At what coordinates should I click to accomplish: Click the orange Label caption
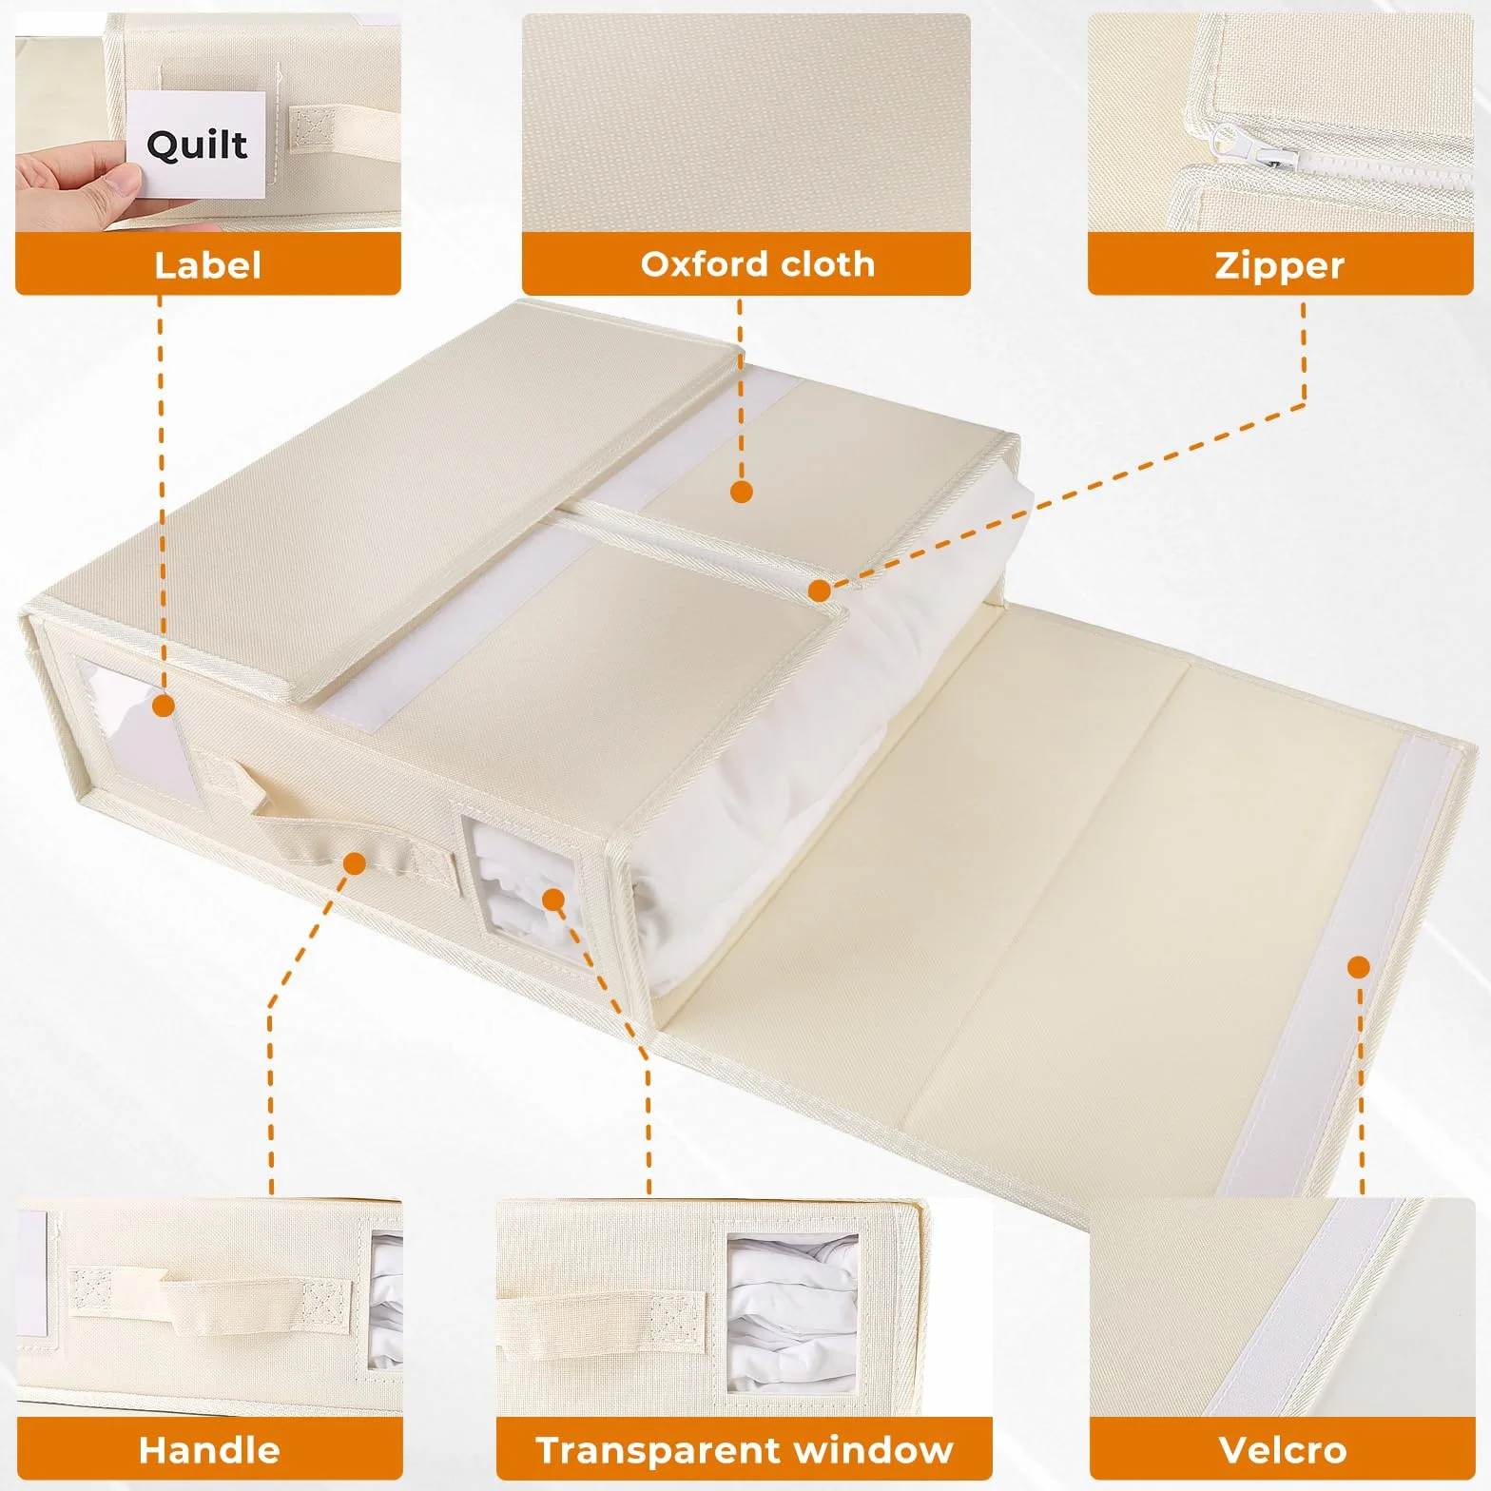point(207,263)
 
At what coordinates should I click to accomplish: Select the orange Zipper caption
point(1279,263)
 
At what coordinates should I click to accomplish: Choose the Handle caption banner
point(209,1449)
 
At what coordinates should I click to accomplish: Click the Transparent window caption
point(745,1449)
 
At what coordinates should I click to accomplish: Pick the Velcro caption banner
point(1283,1449)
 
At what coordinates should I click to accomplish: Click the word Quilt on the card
point(197,145)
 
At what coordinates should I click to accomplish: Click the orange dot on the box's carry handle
point(355,863)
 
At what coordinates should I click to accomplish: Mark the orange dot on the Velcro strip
point(1359,968)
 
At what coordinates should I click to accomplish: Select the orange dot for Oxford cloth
point(742,492)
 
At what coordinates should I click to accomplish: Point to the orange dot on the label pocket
point(164,706)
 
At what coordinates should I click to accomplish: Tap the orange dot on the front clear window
point(552,898)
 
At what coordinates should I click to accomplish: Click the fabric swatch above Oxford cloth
point(746,123)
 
